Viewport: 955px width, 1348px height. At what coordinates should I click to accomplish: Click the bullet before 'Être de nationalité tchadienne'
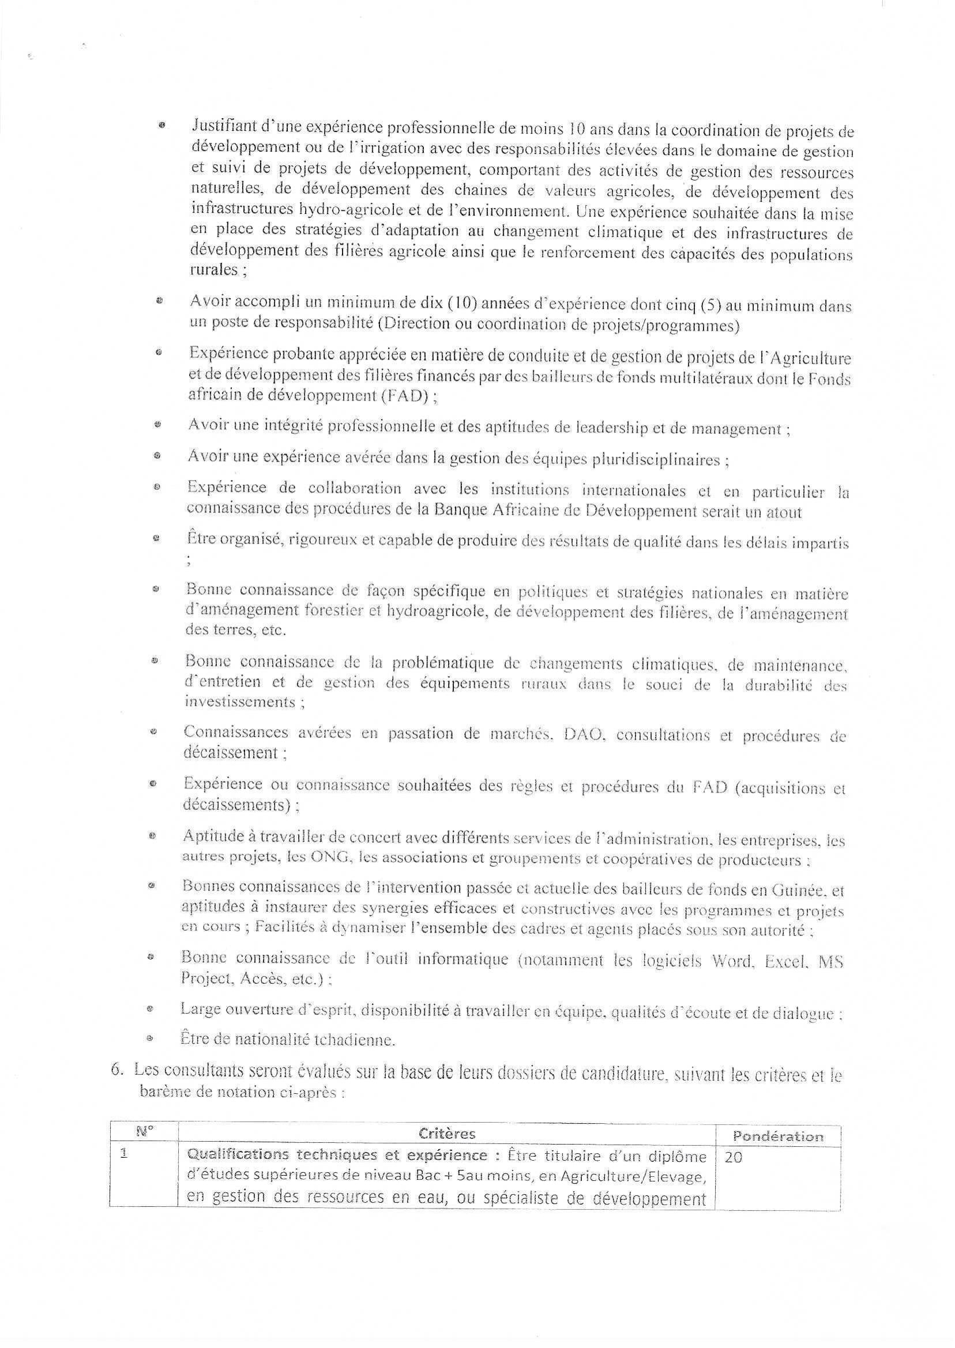pyautogui.click(x=151, y=1039)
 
